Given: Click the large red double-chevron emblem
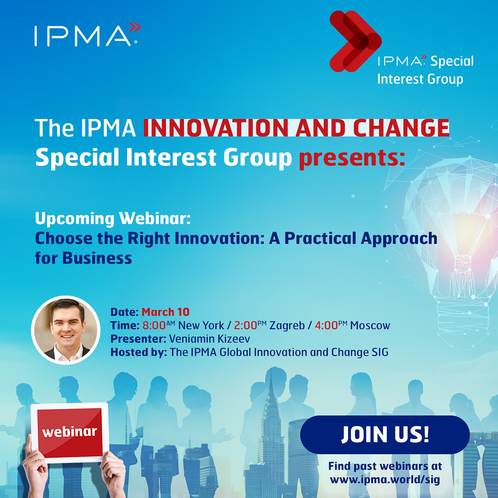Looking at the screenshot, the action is coord(355,41).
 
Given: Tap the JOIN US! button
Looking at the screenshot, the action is coord(385,434).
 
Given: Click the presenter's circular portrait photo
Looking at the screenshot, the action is coord(66,330).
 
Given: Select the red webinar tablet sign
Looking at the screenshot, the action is coord(70,433).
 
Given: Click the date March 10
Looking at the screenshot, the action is coord(166,312).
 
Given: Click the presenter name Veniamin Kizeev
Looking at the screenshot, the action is coord(209,338).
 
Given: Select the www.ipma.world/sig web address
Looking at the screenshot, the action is coord(385,479).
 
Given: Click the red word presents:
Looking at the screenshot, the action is coord(352,158).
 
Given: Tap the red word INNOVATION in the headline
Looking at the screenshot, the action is coord(216,128).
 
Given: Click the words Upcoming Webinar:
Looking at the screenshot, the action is coord(113,219).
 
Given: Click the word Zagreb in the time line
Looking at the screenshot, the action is coord(287,326).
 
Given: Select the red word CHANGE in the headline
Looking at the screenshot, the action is coord(401,128).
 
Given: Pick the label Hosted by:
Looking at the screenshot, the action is coord(138,352).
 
